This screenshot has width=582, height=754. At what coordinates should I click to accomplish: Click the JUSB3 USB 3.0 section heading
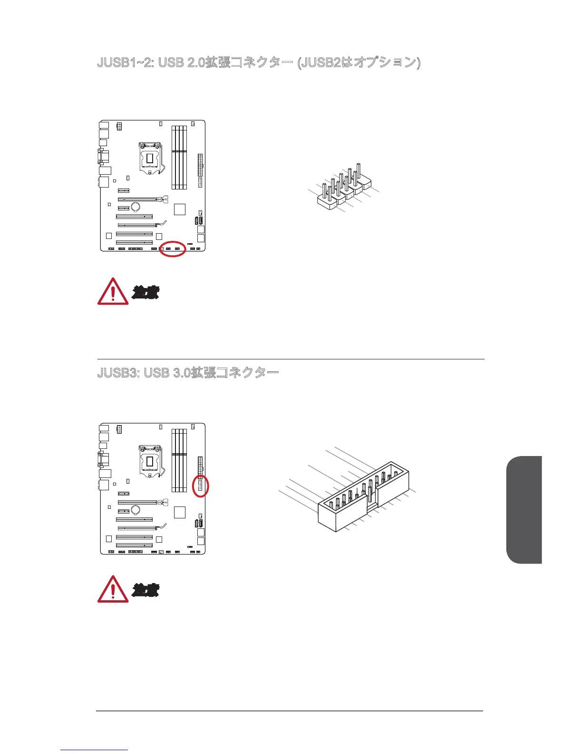[188, 372]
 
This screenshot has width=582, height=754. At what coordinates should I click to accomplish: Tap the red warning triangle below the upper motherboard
[113, 291]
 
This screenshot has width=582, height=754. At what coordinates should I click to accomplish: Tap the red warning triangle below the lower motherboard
[113, 589]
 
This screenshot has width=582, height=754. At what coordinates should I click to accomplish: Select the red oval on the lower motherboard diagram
[201, 486]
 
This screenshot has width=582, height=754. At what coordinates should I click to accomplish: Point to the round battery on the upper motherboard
[136, 207]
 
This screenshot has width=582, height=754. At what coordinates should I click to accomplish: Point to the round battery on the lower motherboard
[136, 509]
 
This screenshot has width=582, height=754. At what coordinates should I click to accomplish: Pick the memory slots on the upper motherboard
[179, 157]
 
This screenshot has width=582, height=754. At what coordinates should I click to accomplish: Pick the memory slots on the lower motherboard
[179, 460]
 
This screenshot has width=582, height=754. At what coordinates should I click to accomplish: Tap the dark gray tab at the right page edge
[524, 510]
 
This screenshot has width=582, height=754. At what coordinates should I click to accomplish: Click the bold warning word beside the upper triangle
[145, 292]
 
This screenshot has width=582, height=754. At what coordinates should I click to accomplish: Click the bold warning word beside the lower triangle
[145, 590]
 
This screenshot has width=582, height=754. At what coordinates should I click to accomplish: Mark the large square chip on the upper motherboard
[179, 209]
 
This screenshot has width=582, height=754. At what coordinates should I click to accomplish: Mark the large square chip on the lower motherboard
[179, 512]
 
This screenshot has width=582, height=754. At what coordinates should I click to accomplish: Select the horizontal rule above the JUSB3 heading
[291, 359]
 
